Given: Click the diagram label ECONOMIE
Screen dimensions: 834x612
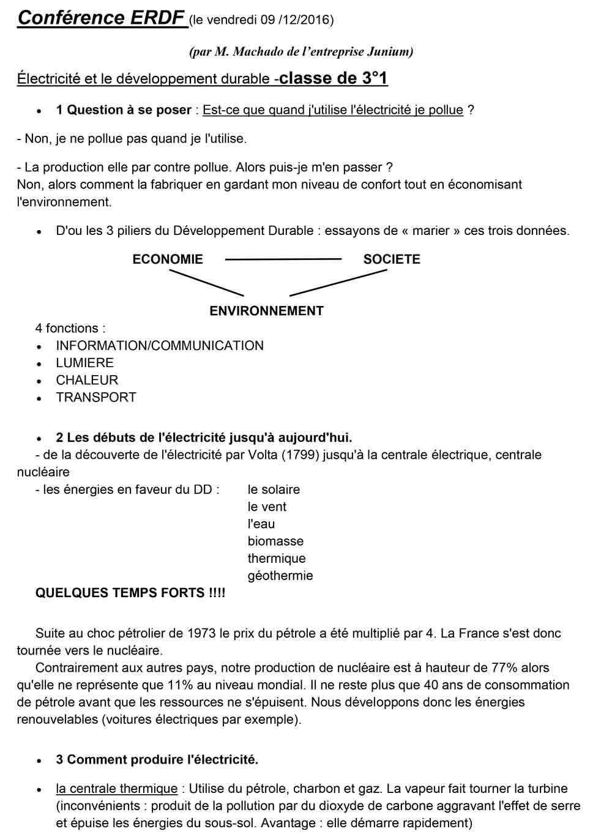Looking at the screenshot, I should pyautogui.click(x=168, y=259).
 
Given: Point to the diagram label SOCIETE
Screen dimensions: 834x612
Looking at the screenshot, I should pyautogui.click(x=392, y=259).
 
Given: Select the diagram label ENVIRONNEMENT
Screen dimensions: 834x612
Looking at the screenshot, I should pyautogui.click(x=266, y=311).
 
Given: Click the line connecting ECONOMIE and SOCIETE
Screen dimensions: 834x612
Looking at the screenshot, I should pyautogui.click(x=283, y=260).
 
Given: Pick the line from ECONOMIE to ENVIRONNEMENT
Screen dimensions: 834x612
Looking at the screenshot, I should pyautogui.click(x=206, y=283).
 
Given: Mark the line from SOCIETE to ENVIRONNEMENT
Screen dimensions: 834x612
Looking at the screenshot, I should pyautogui.click(x=338, y=283).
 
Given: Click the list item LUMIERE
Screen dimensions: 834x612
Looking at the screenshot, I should pyautogui.click(x=85, y=363).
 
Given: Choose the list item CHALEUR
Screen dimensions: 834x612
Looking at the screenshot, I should pyautogui.click(x=87, y=380).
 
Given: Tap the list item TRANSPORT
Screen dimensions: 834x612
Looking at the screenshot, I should pyautogui.click(x=96, y=397).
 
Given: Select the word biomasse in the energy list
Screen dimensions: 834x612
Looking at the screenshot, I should pyautogui.click(x=275, y=541).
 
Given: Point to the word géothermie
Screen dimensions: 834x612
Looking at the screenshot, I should pyautogui.click(x=280, y=575).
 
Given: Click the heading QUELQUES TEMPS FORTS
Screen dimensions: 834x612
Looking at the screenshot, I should pyautogui.click(x=130, y=592).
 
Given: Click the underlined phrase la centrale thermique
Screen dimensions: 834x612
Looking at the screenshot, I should pyautogui.click(x=117, y=789).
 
